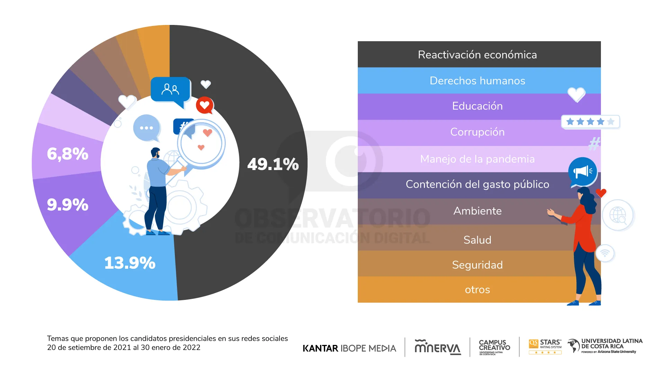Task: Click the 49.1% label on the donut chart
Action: click(x=273, y=164)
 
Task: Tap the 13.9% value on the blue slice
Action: click(x=130, y=263)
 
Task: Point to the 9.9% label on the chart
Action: click(x=68, y=205)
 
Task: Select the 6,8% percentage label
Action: click(x=68, y=154)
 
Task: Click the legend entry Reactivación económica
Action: click(x=477, y=55)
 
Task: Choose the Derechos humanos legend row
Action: click(x=477, y=81)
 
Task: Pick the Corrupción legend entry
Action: click(x=477, y=132)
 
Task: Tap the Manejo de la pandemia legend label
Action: click(x=477, y=159)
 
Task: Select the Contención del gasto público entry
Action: click(x=477, y=184)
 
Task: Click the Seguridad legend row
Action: click(x=477, y=265)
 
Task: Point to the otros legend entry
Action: click(x=477, y=290)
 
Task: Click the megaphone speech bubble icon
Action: click(x=583, y=171)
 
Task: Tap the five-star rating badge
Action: click(x=590, y=122)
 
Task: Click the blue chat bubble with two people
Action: click(x=170, y=90)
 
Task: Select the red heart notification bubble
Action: click(x=205, y=105)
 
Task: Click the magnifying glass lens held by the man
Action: click(x=201, y=142)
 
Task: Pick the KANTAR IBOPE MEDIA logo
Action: click(x=349, y=348)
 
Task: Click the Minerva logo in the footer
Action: click(x=437, y=347)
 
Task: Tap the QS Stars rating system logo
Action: click(x=545, y=346)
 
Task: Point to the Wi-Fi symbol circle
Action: click(x=605, y=253)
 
